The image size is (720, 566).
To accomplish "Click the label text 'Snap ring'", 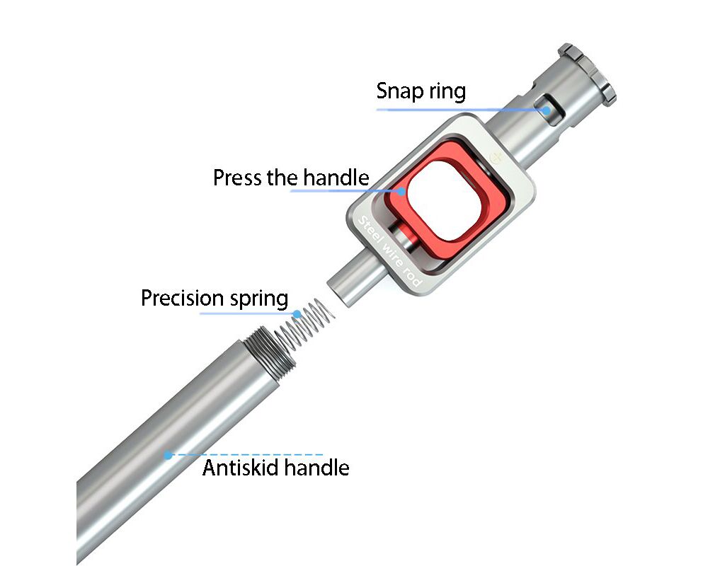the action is pos(421,91).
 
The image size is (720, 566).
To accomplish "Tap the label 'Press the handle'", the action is pos(291,177).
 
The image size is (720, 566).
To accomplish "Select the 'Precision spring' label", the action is pos(215,298).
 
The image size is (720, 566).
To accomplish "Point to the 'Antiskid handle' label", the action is pos(275,468).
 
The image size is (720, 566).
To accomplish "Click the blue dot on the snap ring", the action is pos(546,110).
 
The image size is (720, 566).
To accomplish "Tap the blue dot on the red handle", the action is pos(401,191).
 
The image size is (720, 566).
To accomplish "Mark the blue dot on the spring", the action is pos(297,314).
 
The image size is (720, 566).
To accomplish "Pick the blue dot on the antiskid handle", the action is pos(168,455).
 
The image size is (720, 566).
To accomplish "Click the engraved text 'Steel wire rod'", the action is pos(389,250).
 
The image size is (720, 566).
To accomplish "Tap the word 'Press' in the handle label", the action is pos(238,178).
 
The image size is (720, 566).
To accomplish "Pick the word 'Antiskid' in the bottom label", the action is pos(241,468).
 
